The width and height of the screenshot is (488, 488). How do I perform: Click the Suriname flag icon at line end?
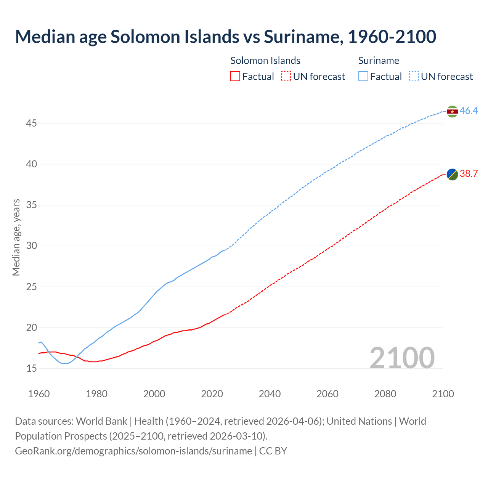(x=452, y=111)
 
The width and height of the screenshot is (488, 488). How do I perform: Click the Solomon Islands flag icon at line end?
(x=452, y=174)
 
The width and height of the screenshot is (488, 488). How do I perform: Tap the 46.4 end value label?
(x=469, y=111)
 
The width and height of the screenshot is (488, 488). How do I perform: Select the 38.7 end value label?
(x=469, y=174)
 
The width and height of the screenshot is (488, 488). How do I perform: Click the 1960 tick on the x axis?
(x=39, y=394)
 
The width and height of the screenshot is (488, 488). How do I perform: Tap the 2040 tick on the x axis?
(x=270, y=394)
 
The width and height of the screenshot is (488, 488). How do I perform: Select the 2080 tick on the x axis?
(x=385, y=394)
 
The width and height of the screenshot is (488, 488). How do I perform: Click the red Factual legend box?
(x=235, y=77)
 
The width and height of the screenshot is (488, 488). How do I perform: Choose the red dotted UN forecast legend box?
(x=286, y=77)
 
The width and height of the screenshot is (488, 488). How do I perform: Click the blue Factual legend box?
(x=363, y=77)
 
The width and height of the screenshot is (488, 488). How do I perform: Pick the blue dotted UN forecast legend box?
(x=414, y=77)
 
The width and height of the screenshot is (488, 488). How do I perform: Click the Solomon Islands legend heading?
(x=265, y=61)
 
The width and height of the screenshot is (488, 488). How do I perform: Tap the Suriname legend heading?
(x=379, y=61)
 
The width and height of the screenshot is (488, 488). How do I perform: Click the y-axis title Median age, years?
(x=16, y=237)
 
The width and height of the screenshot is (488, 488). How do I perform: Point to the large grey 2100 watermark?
(x=402, y=358)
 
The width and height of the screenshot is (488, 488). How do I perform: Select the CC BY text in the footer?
(x=273, y=451)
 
